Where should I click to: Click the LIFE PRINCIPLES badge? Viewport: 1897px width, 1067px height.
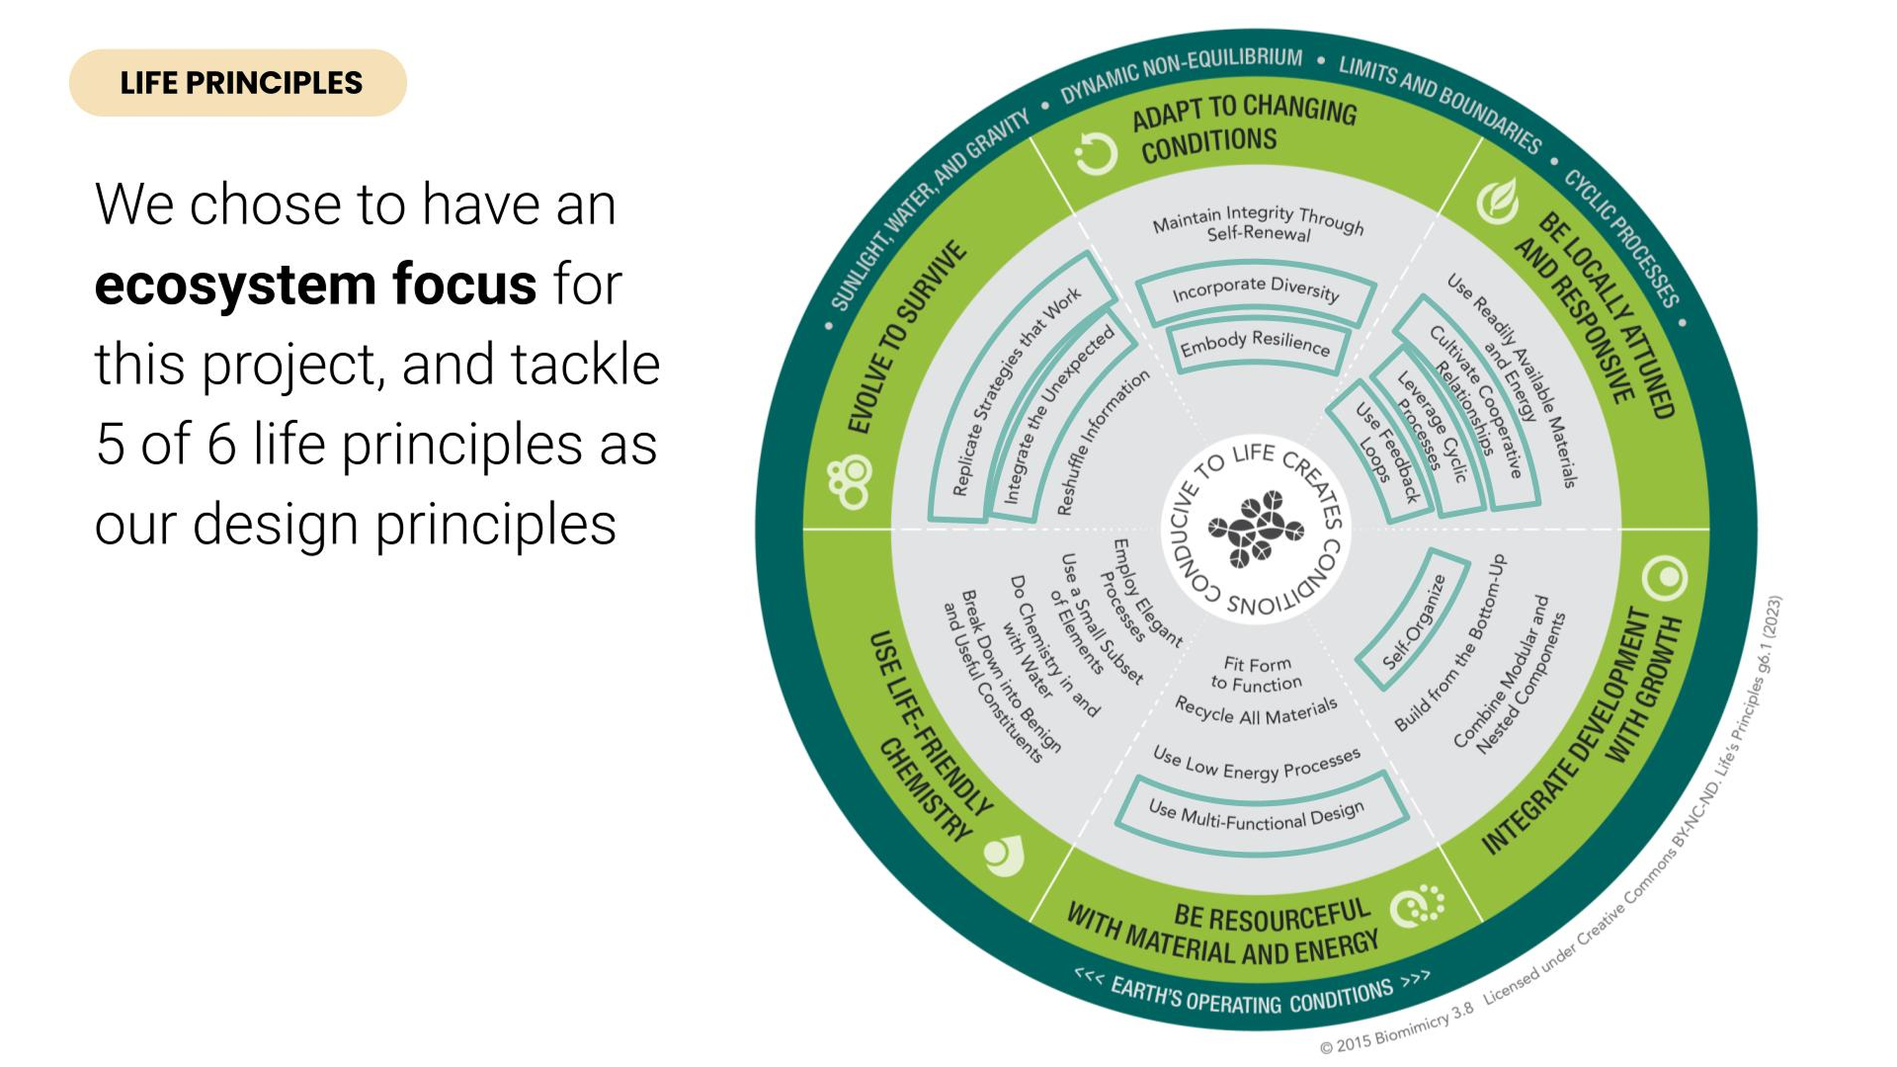click(238, 83)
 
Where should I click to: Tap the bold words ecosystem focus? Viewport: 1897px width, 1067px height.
click(315, 285)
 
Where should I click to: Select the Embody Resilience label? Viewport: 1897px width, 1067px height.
click(1255, 343)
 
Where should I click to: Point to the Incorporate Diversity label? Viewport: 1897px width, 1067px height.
click(1255, 288)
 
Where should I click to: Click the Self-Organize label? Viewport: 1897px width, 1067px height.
click(1413, 622)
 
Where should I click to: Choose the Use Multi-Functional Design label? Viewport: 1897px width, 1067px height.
click(1257, 815)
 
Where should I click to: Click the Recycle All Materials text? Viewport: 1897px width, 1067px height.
click(1256, 711)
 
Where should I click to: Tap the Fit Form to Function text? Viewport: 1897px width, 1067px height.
click(1257, 674)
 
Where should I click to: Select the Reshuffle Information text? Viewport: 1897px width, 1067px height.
click(1103, 442)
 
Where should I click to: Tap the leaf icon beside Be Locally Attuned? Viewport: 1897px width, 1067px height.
click(1498, 202)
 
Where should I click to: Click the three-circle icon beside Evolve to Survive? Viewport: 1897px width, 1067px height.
click(851, 482)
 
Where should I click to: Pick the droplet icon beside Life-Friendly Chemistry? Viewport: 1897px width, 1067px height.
click(1005, 856)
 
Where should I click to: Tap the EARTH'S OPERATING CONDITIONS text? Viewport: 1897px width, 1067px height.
click(1253, 996)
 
